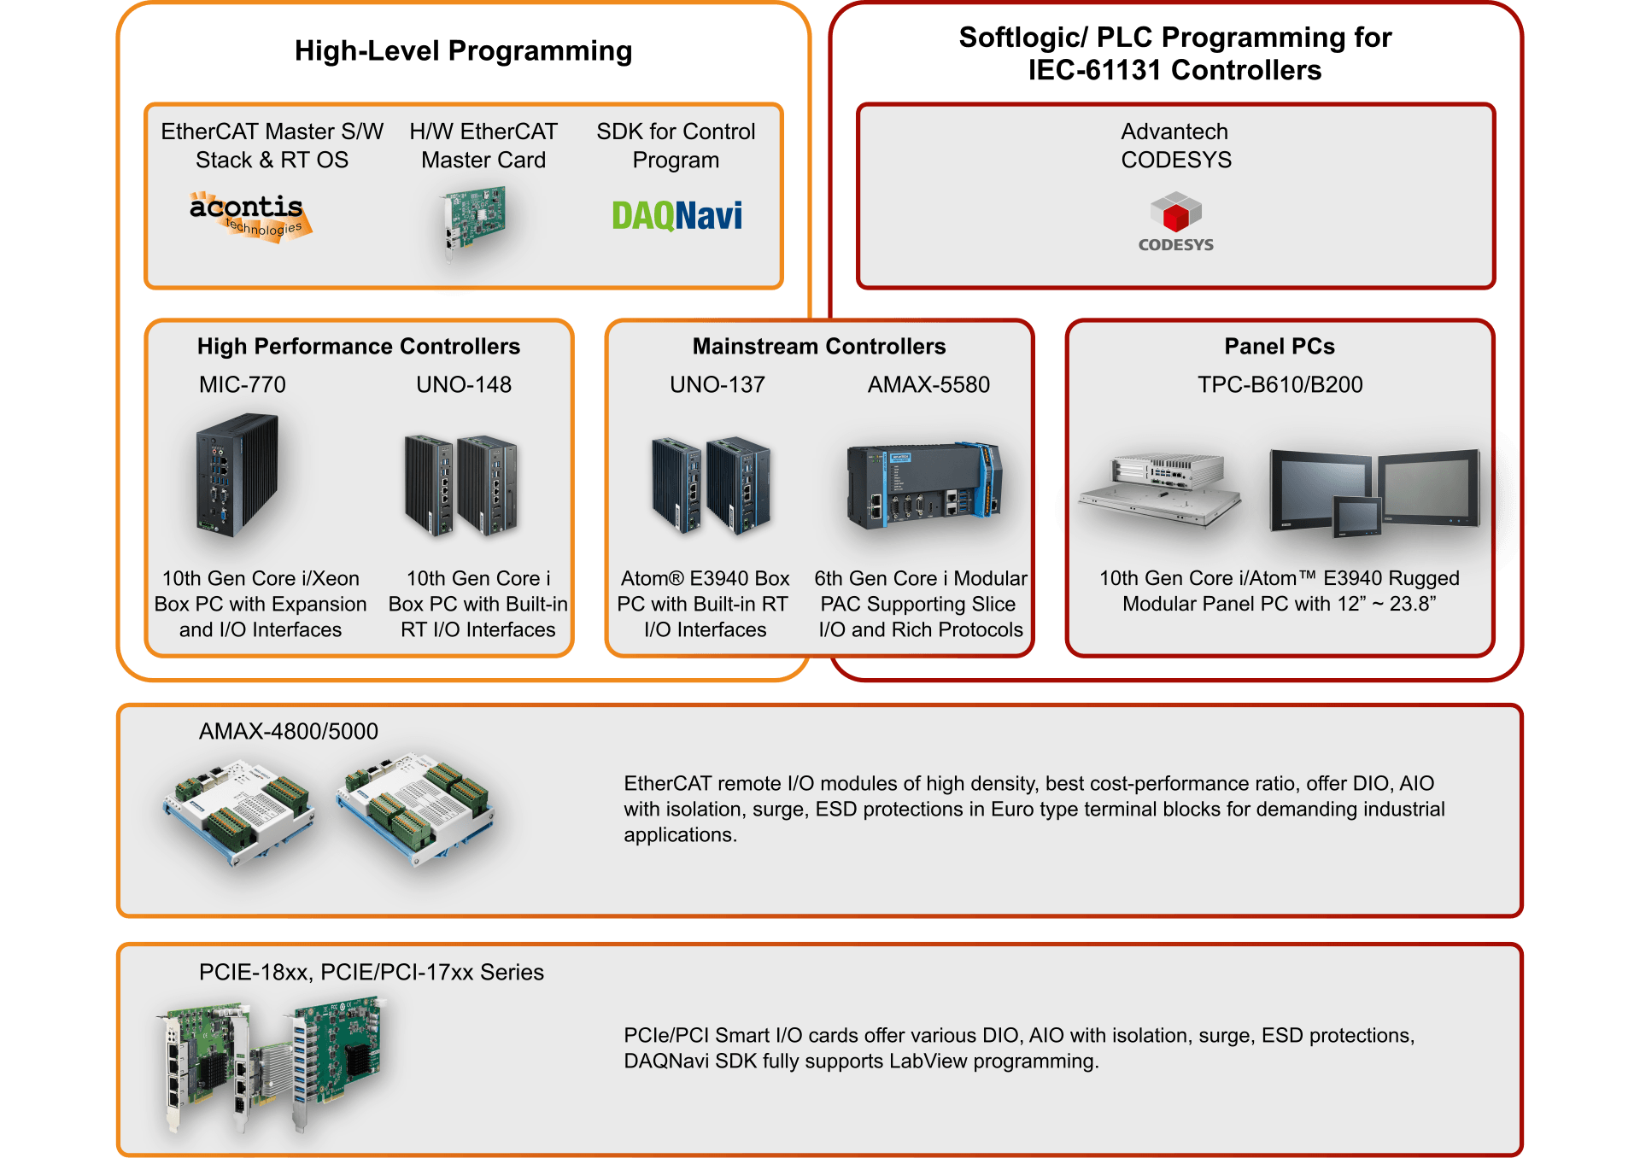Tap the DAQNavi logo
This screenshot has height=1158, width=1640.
(x=676, y=215)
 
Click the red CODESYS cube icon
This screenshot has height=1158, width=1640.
(x=1175, y=213)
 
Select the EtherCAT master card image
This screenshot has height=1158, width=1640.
(x=474, y=222)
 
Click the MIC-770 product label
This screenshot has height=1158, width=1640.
(x=243, y=384)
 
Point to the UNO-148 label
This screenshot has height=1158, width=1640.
(x=464, y=384)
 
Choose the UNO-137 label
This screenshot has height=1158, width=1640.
(x=717, y=384)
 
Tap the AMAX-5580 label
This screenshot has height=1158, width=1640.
(x=928, y=384)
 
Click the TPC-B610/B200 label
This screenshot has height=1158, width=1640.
(x=1280, y=384)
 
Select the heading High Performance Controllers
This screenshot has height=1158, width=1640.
(x=359, y=346)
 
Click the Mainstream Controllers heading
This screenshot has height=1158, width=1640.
(x=819, y=346)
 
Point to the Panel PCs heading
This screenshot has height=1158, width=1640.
(x=1280, y=346)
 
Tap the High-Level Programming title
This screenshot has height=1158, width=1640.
(x=464, y=51)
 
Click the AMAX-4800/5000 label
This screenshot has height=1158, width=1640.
(x=289, y=731)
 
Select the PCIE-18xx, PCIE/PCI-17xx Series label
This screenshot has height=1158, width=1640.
(x=372, y=972)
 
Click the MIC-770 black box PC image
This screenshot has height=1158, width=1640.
(x=237, y=474)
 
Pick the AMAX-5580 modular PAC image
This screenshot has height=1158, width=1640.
(x=924, y=486)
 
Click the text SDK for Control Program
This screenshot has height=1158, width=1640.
(x=676, y=145)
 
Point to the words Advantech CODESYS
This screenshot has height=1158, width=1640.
(x=1176, y=145)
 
